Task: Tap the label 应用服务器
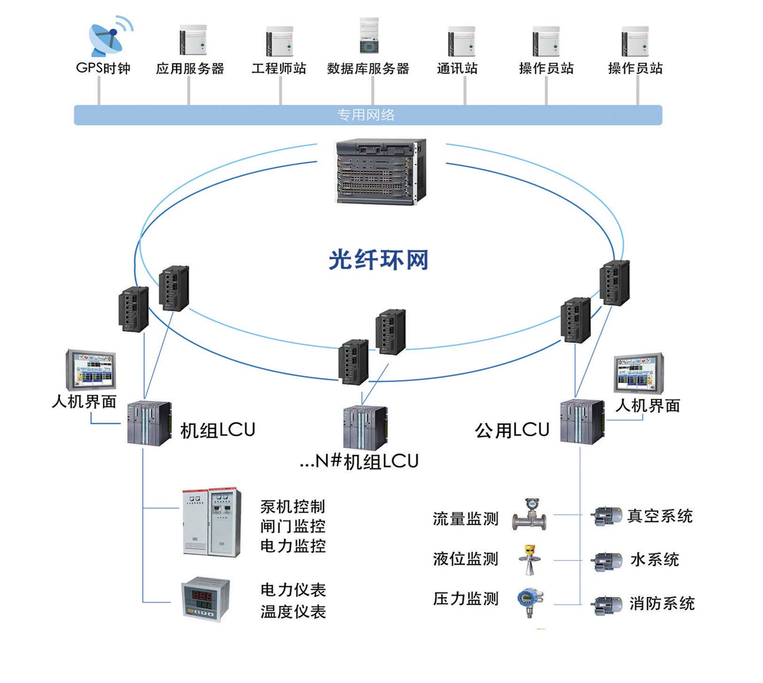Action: point(190,69)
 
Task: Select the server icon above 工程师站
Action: point(280,41)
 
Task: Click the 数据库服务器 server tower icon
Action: point(369,36)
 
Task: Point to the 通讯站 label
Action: point(457,69)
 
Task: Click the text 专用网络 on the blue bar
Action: point(366,115)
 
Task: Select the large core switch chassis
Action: point(380,171)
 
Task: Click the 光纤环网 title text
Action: point(378,259)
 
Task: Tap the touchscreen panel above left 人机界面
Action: point(91,370)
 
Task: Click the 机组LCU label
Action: point(217,430)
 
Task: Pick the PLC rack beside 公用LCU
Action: point(582,421)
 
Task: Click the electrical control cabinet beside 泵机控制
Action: point(212,522)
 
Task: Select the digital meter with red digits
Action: point(206,599)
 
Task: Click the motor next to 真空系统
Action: point(606,516)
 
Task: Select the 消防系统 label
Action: point(662,604)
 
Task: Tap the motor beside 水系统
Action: point(606,560)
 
